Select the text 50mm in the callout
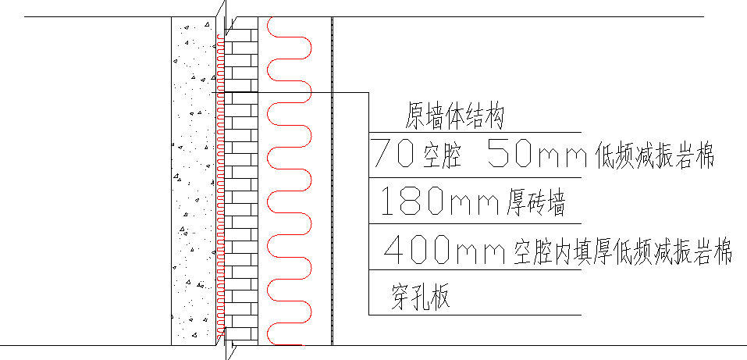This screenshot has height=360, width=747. pyautogui.click(x=536, y=154)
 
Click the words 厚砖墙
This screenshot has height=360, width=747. pyautogui.click(x=532, y=205)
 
